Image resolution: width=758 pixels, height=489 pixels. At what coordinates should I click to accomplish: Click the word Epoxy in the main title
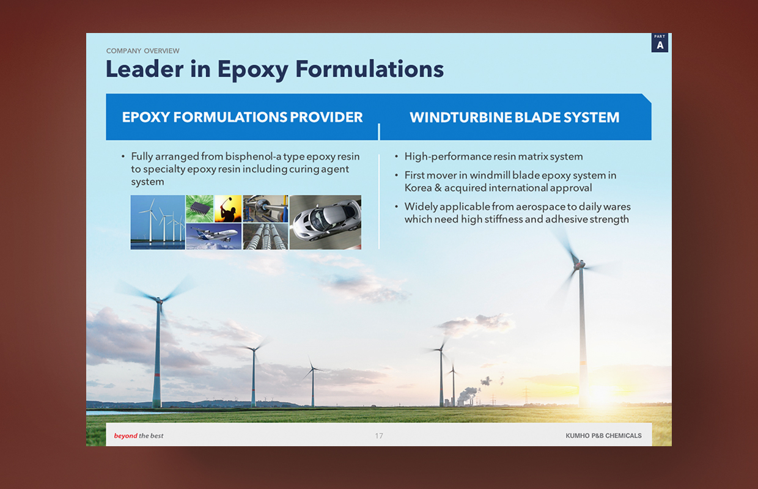[252, 70]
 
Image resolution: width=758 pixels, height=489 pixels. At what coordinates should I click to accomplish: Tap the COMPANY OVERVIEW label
[143, 51]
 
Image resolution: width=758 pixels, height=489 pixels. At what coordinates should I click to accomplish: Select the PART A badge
[660, 43]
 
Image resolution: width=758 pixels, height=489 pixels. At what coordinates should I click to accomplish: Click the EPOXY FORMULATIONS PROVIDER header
[242, 117]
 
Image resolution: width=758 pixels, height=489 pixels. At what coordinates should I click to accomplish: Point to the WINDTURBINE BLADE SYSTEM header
[514, 117]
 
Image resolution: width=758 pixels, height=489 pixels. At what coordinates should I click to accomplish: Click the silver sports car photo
[326, 222]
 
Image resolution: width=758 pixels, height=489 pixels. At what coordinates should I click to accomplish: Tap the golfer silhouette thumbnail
[228, 208]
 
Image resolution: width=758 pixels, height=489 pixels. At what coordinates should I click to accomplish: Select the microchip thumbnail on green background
[200, 208]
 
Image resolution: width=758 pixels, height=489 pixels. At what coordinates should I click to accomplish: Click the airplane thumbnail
[214, 237]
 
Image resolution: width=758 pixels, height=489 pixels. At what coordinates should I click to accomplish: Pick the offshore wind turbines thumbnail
[158, 222]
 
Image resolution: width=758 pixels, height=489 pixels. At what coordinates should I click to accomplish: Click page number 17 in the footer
[379, 436]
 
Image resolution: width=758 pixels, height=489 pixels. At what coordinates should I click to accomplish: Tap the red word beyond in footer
[125, 436]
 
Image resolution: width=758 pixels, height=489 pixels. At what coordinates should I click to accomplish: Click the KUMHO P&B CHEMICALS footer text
[604, 436]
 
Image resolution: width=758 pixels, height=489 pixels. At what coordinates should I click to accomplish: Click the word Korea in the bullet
[418, 188]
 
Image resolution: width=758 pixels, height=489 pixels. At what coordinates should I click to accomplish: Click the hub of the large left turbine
[159, 300]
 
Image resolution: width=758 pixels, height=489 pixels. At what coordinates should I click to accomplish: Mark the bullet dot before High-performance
[397, 156]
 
